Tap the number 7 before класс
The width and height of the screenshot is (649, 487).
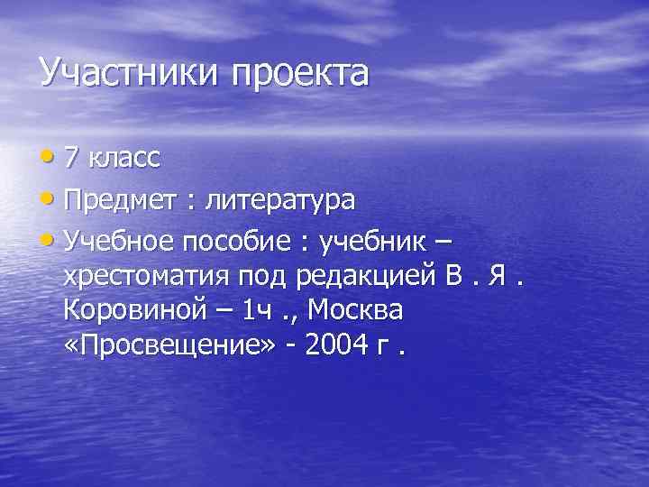tap(73, 160)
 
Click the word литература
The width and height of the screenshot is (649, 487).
tap(280, 201)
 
